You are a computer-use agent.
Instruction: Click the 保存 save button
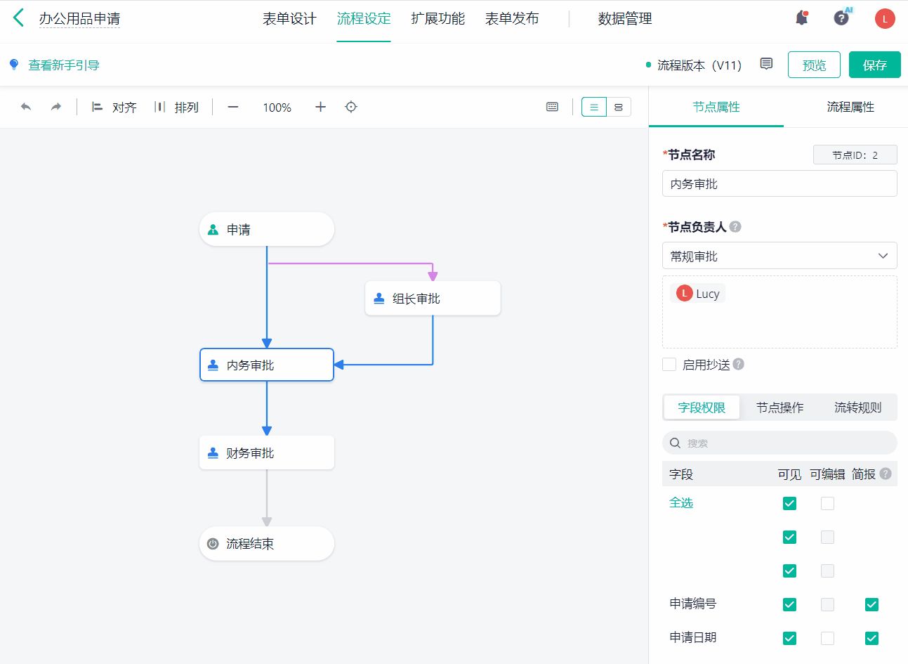click(x=874, y=65)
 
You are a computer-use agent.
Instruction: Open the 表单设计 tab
click(x=289, y=19)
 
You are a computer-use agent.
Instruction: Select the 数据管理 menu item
click(x=625, y=19)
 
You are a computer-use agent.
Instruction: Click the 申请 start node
click(x=266, y=230)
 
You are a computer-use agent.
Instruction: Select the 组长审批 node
click(x=433, y=299)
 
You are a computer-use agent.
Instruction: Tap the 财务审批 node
click(x=266, y=453)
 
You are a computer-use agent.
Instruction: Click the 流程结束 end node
click(x=266, y=544)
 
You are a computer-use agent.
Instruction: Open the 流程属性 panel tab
click(x=850, y=107)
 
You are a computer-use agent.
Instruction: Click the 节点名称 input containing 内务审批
click(x=779, y=184)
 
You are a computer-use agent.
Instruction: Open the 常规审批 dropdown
click(x=779, y=256)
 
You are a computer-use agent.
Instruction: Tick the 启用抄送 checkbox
click(x=669, y=365)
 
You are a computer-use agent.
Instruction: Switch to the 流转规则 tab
click(x=857, y=408)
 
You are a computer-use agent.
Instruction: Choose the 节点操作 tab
click(x=779, y=408)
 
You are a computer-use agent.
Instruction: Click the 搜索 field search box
click(x=779, y=443)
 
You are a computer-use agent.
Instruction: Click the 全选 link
click(x=681, y=503)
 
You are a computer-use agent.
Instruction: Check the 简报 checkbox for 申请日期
click(x=871, y=638)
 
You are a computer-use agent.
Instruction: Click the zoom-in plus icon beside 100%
click(x=320, y=107)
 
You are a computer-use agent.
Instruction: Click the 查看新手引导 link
click(x=64, y=65)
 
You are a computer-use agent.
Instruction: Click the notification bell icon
click(x=801, y=19)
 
